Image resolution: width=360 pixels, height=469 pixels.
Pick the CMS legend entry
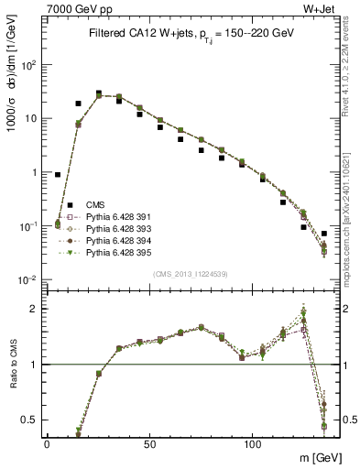(97, 204)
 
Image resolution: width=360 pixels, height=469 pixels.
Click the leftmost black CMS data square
(58, 174)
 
